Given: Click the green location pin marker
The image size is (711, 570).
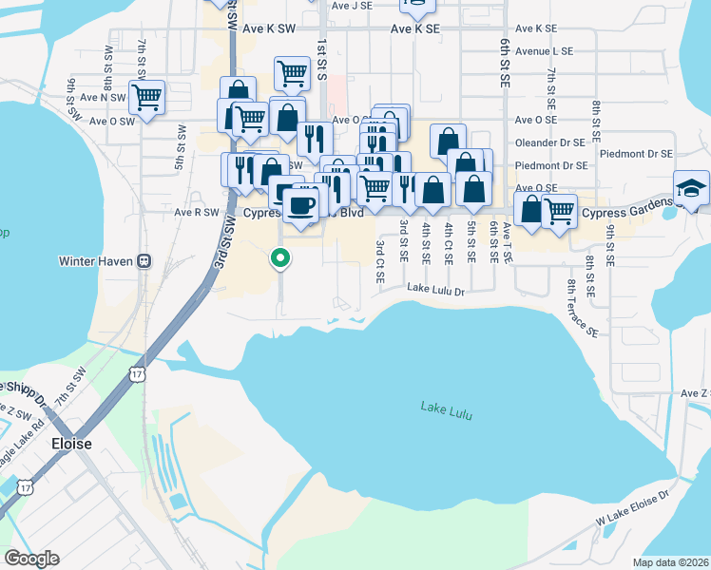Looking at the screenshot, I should (x=280, y=257).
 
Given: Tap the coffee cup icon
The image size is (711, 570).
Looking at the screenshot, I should (x=301, y=205).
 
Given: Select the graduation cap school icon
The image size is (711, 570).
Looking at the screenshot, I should (x=691, y=188).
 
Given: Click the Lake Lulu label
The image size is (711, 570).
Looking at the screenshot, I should (x=446, y=411).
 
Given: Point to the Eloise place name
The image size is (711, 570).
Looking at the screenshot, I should (x=71, y=444).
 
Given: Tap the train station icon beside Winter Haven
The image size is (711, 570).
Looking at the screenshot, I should (x=144, y=260).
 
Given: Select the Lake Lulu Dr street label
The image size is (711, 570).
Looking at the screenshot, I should (x=435, y=288).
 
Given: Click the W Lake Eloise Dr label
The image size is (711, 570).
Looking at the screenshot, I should (x=634, y=508).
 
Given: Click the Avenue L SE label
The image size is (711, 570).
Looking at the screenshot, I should (x=544, y=49).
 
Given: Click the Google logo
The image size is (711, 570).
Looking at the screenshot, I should (x=32, y=558).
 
